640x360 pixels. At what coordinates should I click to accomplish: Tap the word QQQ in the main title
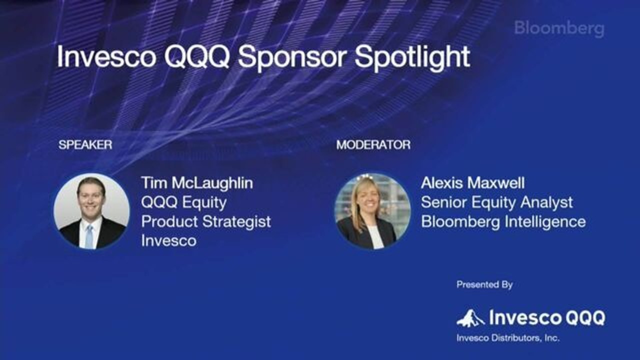tap(197, 56)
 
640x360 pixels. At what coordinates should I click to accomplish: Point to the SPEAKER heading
tap(85, 145)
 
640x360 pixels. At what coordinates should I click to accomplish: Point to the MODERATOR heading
tap(373, 145)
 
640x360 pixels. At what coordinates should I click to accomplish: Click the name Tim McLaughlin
tap(197, 183)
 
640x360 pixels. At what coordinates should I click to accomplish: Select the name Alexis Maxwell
tap(473, 183)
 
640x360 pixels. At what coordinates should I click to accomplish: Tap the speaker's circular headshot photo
tap(91, 211)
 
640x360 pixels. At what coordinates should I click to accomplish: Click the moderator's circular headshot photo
tap(372, 211)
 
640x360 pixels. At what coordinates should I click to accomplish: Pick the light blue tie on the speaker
tap(89, 236)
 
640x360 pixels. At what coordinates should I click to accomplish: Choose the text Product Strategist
tap(206, 222)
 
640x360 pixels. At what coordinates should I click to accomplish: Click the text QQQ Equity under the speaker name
tap(184, 202)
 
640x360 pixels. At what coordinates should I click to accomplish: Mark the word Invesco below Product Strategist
tap(169, 241)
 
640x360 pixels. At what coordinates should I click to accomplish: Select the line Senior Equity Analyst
tap(497, 202)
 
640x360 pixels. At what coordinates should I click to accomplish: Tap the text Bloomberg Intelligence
tap(503, 222)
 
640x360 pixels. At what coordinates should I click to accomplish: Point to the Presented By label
tap(484, 284)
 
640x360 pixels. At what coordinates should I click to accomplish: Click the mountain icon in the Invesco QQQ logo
tap(470, 318)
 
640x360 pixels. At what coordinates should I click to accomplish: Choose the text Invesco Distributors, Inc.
tap(508, 338)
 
